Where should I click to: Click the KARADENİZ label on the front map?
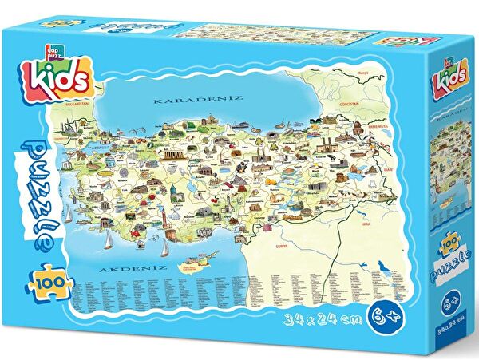[187, 102]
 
